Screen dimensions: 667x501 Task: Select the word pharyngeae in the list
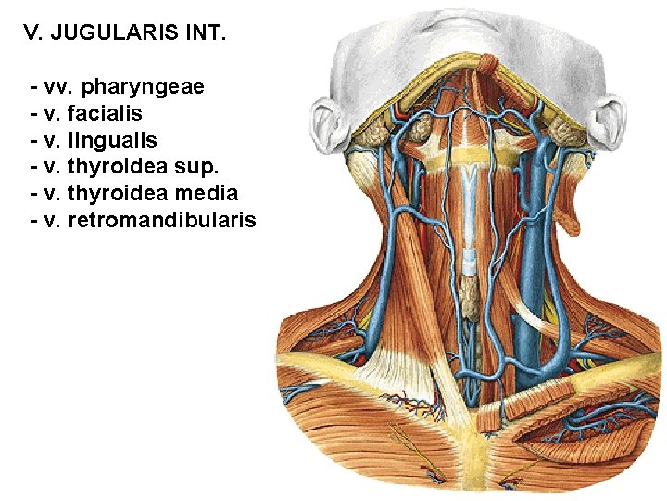coord(143,88)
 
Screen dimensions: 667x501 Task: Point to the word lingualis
coord(113,141)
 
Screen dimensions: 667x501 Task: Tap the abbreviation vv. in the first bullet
coord(56,88)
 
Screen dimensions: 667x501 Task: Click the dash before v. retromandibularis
coord(34,221)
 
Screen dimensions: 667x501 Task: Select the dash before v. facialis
coord(34,114)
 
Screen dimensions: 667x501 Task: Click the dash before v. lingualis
coord(34,141)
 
